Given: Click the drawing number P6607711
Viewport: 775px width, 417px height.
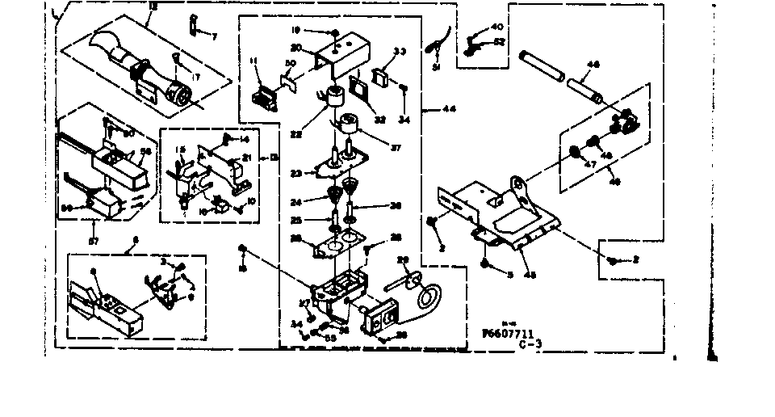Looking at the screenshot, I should (509, 332).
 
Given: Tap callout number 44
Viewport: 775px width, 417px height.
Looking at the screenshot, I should (446, 108).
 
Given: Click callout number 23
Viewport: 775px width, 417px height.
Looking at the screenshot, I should (296, 173).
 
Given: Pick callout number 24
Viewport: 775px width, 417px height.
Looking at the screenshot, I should (296, 202).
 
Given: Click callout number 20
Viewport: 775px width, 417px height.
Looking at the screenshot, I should (296, 48).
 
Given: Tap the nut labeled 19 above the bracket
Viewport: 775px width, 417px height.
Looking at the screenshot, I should (333, 32).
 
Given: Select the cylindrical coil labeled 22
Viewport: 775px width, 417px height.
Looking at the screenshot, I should (331, 97).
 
